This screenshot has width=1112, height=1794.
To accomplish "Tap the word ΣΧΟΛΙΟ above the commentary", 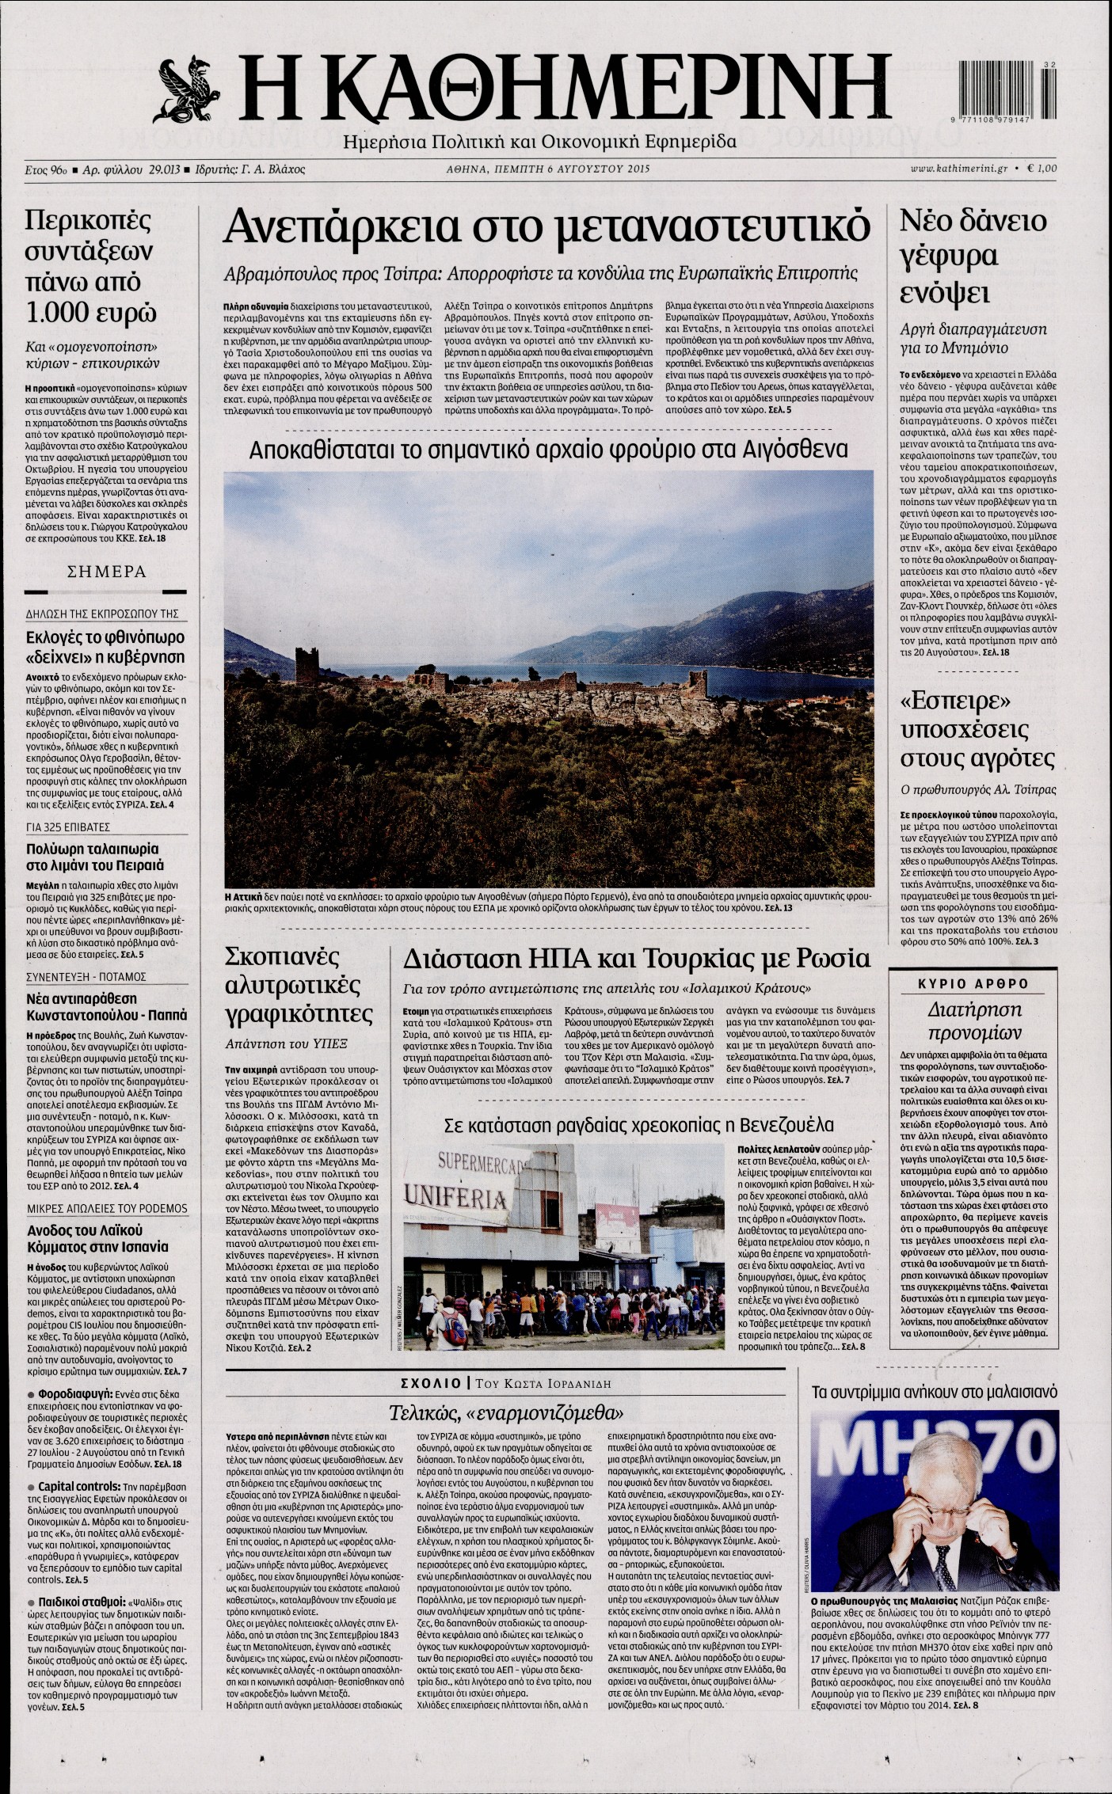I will tap(432, 1383).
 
